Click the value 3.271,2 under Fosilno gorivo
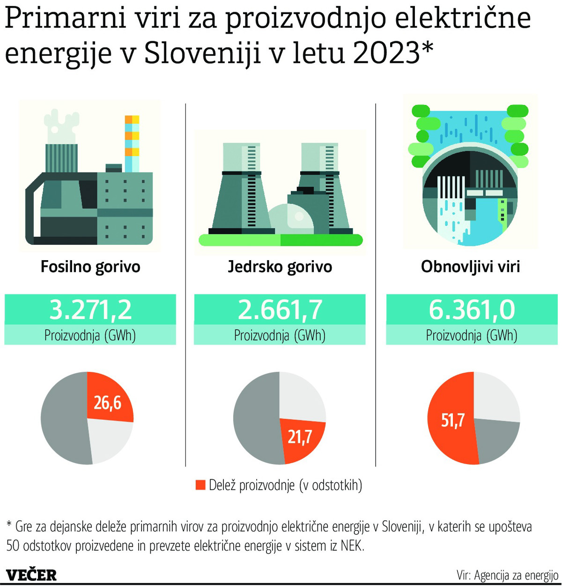90,309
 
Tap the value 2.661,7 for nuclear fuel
280,309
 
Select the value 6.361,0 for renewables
472,309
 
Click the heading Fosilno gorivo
90,267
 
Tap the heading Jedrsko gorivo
280,267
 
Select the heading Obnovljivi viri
470,267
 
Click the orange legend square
200,485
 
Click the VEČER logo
31,575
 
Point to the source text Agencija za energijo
516,575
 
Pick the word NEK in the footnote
352,546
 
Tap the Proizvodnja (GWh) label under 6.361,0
472,335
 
